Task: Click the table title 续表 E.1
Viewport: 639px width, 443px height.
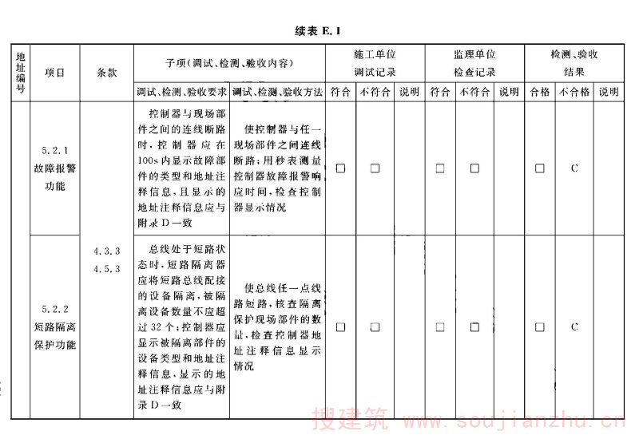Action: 319,31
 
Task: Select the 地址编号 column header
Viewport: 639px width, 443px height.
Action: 20,73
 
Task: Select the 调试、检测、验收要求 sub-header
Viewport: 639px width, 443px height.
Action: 182,93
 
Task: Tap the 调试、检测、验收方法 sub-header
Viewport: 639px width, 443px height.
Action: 278,93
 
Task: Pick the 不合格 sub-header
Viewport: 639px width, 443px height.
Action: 574,93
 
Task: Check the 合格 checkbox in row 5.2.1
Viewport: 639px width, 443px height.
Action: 540,168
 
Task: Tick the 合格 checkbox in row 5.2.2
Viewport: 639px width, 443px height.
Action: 540,326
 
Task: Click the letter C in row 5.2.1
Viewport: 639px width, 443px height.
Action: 574,168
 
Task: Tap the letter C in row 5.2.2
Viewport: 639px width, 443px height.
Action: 574,326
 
